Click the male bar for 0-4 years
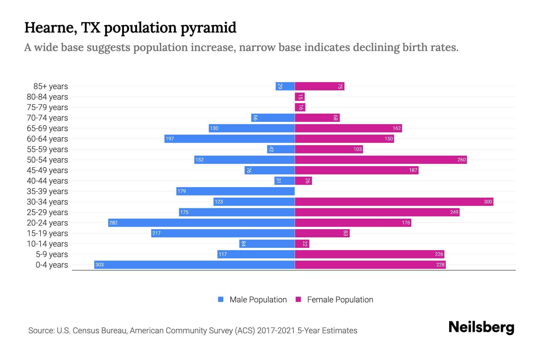[x=194, y=265]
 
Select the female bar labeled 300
[x=394, y=202]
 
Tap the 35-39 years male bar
[x=235, y=191]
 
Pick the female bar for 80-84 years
[x=300, y=97]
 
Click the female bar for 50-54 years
[x=381, y=160]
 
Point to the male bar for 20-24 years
[x=201, y=223]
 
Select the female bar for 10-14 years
[x=302, y=244]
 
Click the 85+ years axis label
[x=51, y=86]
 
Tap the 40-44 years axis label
[x=47, y=181]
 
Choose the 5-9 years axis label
[x=52, y=254]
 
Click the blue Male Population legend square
[x=221, y=299]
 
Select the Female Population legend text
[x=340, y=299]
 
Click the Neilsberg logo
[x=481, y=327]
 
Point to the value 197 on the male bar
[x=170, y=139]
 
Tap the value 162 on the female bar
[x=397, y=128]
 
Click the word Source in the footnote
[x=41, y=331]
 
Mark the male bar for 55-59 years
[x=281, y=149]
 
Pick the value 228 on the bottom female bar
[x=440, y=265]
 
